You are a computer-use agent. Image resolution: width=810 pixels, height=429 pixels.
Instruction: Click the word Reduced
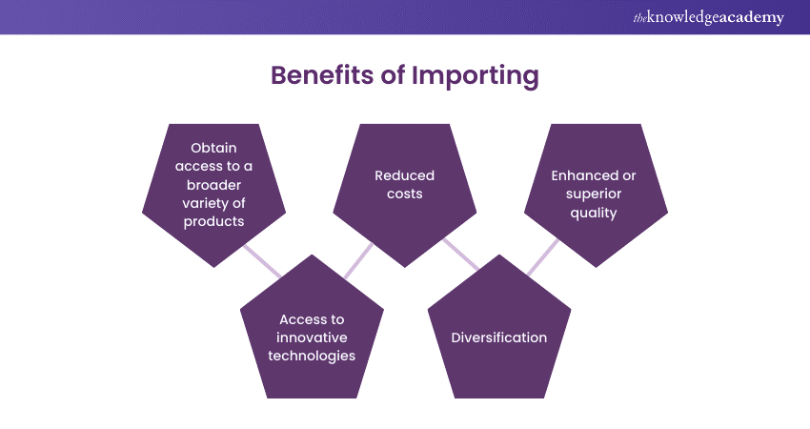coord(404,175)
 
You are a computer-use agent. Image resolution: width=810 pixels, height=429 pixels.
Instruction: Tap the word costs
coord(404,194)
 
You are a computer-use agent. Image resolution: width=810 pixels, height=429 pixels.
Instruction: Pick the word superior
coord(594,194)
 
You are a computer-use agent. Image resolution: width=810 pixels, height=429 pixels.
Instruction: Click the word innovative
coord(312,337)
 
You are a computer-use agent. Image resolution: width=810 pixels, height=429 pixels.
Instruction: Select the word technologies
coord(312,356)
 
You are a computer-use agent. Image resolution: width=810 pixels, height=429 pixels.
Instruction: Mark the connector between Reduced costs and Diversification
coord(461,254)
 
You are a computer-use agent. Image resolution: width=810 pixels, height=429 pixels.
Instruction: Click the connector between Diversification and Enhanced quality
coord(543,255)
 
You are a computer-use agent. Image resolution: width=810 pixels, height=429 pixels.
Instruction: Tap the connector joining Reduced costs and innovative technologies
coord(358,258)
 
